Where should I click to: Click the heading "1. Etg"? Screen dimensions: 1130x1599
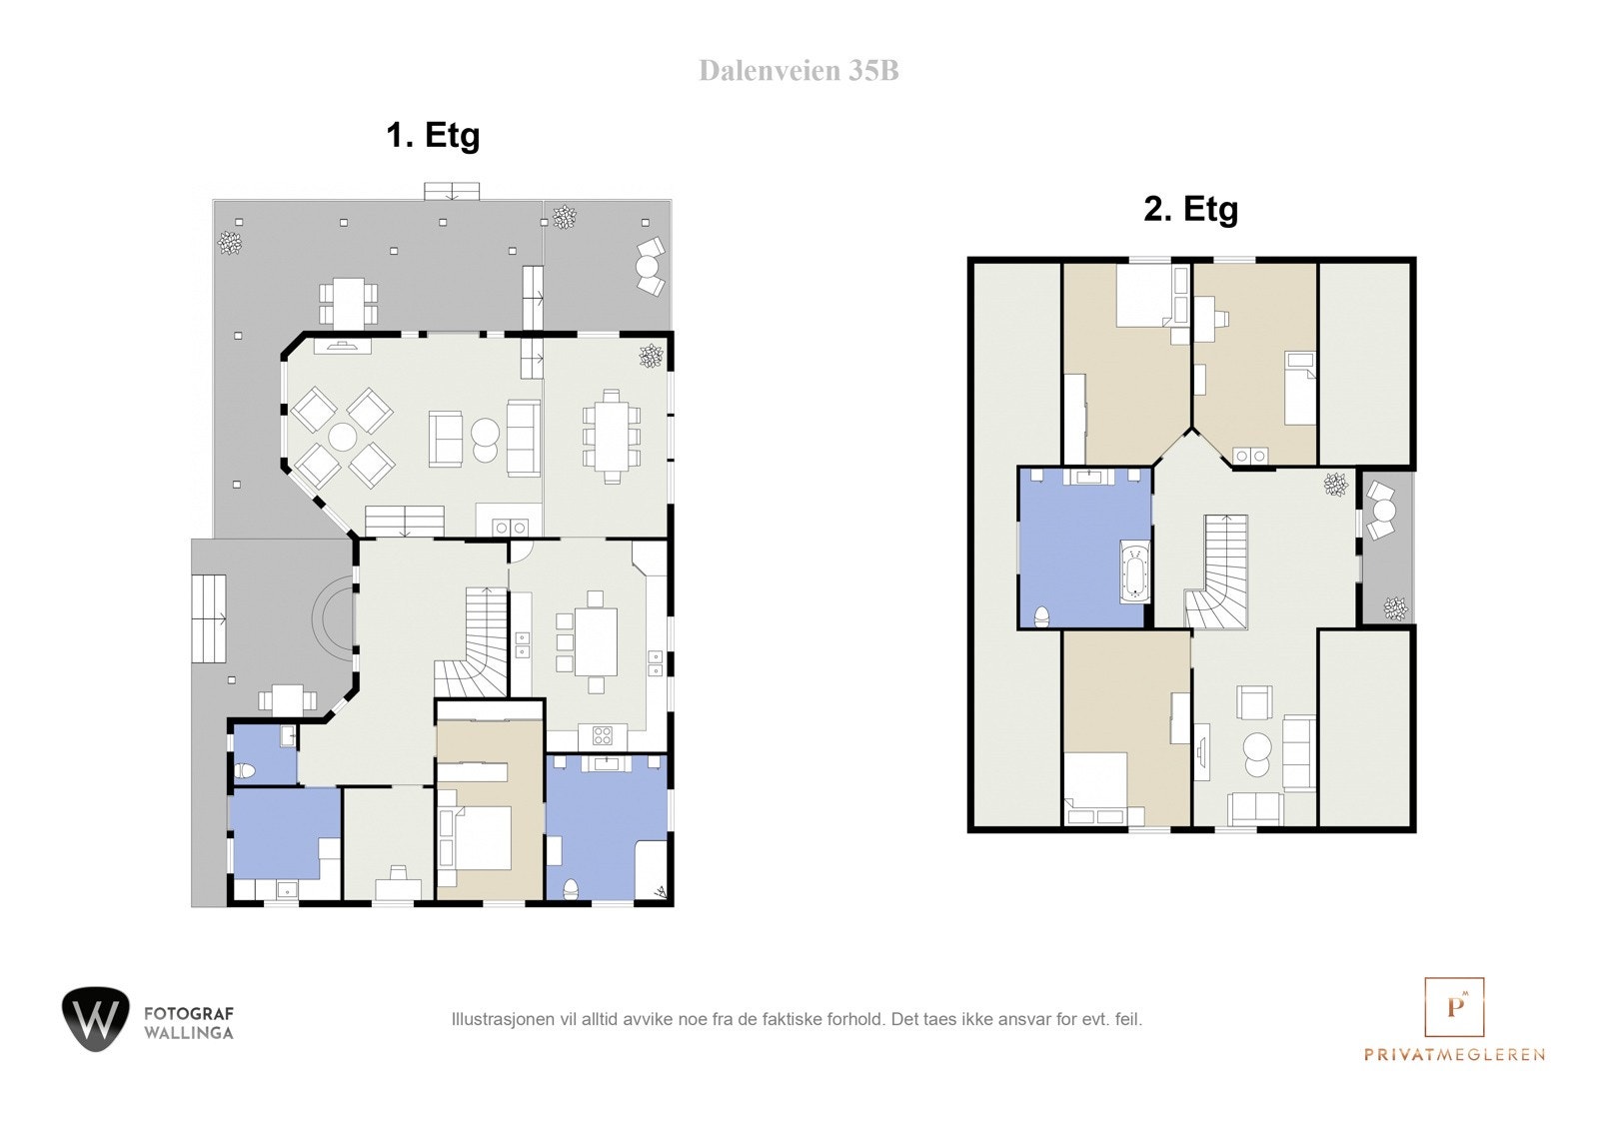[x=433, y=135]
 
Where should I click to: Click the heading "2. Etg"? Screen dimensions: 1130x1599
[x=1190, y=209]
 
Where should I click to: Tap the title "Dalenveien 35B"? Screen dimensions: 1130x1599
[x=799, y=70]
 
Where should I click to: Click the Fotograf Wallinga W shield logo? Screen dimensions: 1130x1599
[x=95, y=1018]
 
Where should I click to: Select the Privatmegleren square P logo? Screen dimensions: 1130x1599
[x=1454, y=1006]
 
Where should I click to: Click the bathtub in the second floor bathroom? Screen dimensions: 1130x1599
[x=1136, y=572]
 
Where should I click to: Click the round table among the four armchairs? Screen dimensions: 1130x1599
[x=343, y=438]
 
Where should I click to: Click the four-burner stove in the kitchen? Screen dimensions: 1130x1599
[x=603, y=736]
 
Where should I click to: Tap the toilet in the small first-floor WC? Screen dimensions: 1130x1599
[x=245, y=770]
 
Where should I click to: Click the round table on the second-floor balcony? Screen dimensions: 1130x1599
[x=1383, y=511]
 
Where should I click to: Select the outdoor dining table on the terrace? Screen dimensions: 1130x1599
[x=348, y=301]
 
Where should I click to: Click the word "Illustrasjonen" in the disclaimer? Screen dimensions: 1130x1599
[x=497, y=1020]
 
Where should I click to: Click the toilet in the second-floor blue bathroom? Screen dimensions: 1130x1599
[x=1041, y=615]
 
